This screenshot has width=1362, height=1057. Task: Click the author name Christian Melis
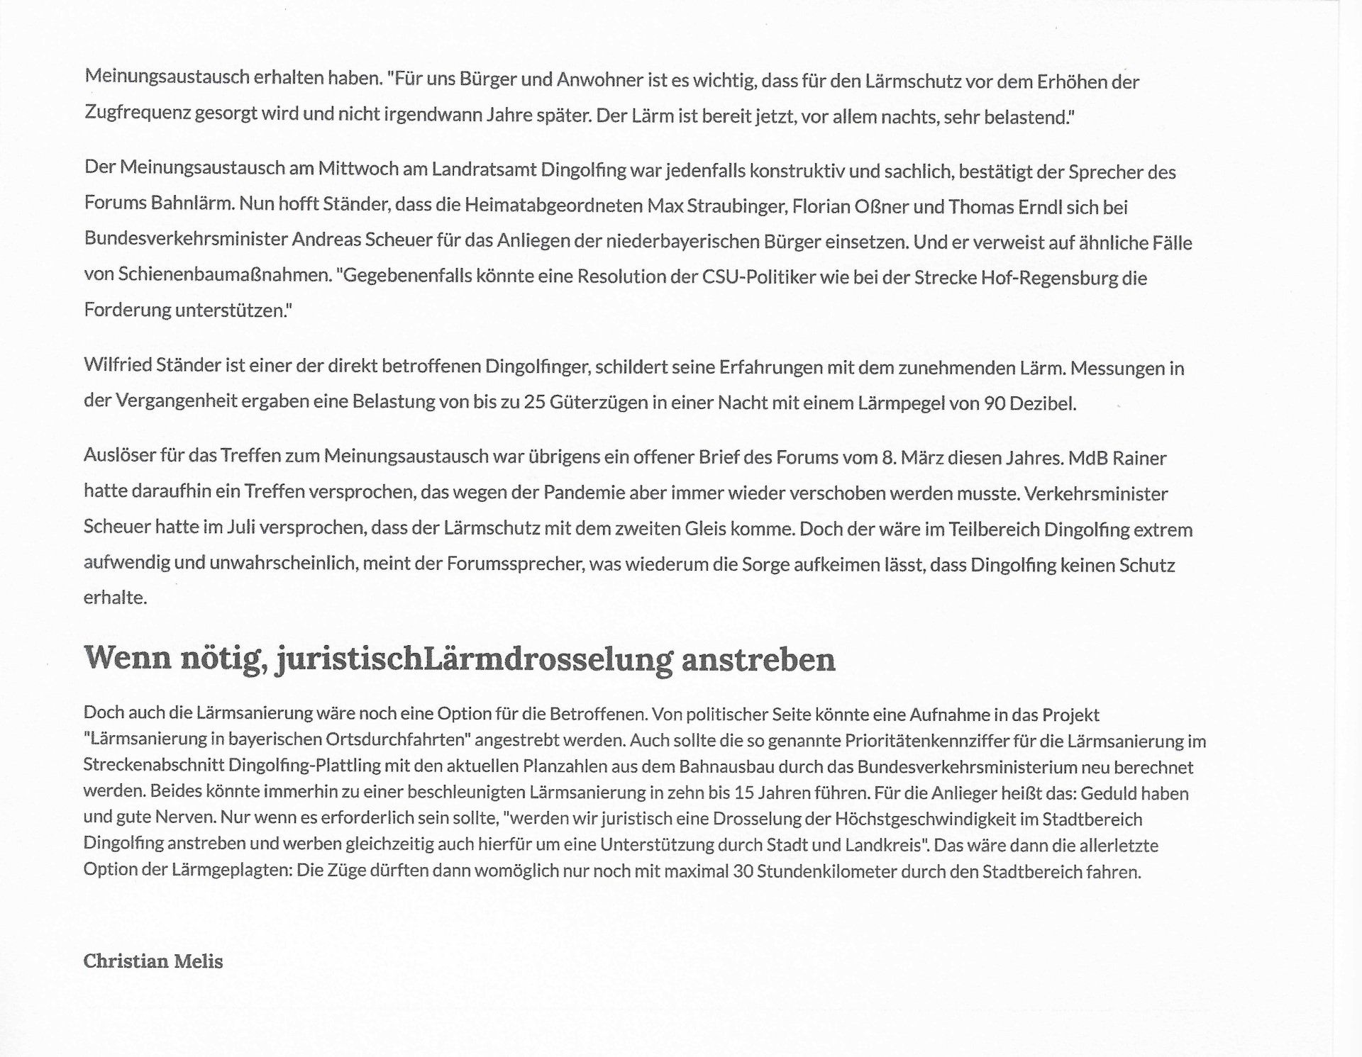coord(153,961)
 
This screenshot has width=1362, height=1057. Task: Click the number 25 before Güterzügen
coord(533,403)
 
